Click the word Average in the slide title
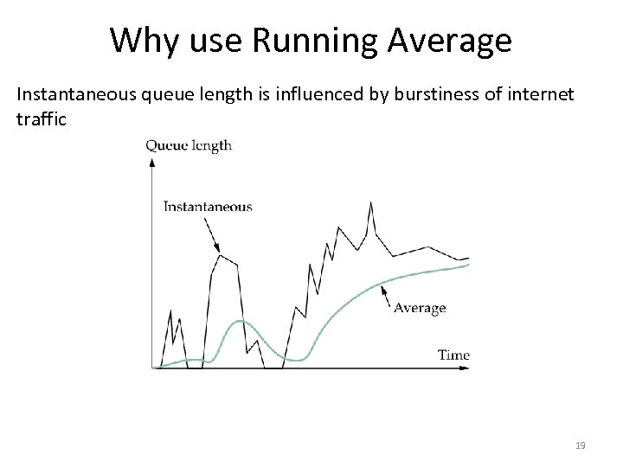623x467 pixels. (450, 40)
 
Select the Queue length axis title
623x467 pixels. (189, 145)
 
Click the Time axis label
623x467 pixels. (453, 355)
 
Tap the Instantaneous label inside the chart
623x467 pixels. (208, 207)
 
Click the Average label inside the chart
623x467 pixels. (420, 308)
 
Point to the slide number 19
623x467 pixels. (580, 445)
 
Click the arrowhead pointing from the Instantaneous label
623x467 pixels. (218, 250)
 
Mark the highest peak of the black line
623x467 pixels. (371, 202)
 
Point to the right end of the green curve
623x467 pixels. (469, 265)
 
